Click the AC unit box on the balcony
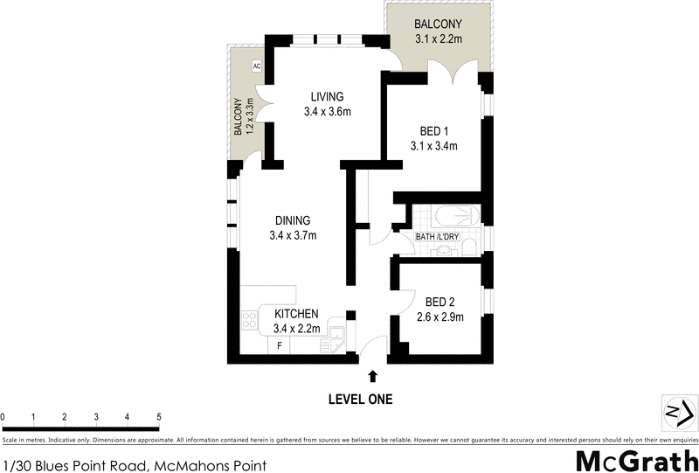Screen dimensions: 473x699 [257, 66]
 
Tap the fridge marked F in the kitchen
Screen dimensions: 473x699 [280, 345]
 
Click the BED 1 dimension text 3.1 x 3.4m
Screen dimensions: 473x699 [434, 146]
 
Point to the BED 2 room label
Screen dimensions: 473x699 [439, 303]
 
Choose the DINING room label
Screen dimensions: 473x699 [292, 220]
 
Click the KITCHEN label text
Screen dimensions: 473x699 [296, 315]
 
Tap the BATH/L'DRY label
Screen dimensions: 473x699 [437, 235]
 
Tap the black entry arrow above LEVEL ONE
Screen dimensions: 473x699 [374, 377]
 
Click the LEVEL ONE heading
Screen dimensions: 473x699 [360, 400]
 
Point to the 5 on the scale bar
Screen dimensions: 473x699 [158, 416]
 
